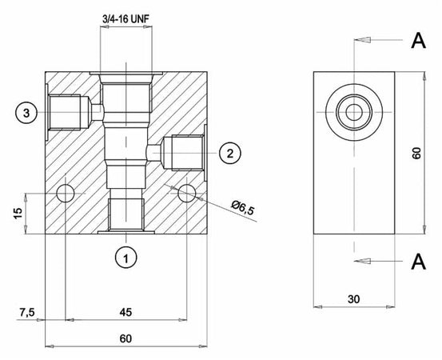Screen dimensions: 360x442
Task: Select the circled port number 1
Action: (x=125, y=257)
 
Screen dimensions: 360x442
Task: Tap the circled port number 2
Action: (x=229, y=153)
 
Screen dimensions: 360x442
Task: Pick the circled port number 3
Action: (x=26, y=114)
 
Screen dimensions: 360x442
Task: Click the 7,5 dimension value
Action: (x=27, y=310)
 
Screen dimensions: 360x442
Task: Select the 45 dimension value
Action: (x=125, y=310)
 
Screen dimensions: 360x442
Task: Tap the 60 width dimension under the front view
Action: (x=125, y=338)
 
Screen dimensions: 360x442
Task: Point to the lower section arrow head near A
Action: (x=361, y=259)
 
